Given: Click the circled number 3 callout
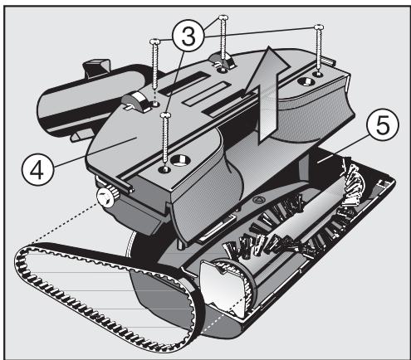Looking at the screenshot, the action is (x=188, y=36).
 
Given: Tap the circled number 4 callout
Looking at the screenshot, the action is (x=37, y=170).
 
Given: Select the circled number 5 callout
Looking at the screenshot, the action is (x=383, y=125).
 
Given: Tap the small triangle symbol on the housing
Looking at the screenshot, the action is (x=258, y=199).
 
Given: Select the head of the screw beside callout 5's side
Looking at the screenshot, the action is (x=319, y=27).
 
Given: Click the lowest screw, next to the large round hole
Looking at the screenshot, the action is (x=166, y=139).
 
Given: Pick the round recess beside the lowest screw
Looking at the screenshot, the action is (x=180, y=160).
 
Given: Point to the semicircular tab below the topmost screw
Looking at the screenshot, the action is (x=221, y=61).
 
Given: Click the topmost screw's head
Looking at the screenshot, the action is (x=223, y=17).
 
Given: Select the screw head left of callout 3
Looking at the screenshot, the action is (x=154, y=41).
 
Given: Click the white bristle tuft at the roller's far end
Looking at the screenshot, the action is (x=352, y=182).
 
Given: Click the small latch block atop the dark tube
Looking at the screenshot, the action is (x=96, y=67).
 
